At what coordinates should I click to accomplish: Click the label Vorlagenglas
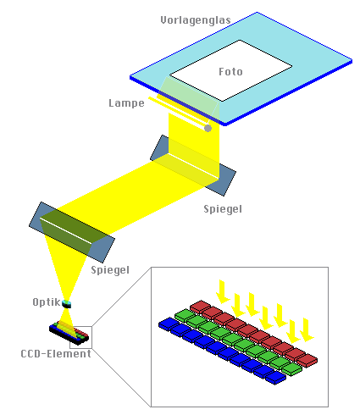pyautogui.click(x=196, y=20)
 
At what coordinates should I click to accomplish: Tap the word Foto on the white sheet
pyautogui.click(x=230, y=72)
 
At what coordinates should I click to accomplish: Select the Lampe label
pyautogui.click(x=126, y=103)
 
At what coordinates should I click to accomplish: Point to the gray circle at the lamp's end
pyautogui.click(x=208, y=128)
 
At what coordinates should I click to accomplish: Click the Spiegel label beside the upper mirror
pyautogui.click(x=223, y=209)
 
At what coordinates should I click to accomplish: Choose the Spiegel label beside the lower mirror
pyautogui.click(x=110, y=270)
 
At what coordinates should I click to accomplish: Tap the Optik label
pyautogui.click(x=47, y=302)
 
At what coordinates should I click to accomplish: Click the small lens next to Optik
pyautogui.click(x=67, y=304)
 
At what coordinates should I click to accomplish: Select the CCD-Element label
pyautogui.click(x=56, y=354)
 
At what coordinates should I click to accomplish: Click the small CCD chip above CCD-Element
pyautogui.click(x=69, y=333)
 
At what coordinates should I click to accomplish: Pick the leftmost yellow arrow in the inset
pyautogui.click(x=223, y=291)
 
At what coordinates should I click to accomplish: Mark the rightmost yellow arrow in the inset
pyautogui.click(x=307, y=329)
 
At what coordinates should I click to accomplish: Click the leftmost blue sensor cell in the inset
pyautogui.click(x=169, y=324)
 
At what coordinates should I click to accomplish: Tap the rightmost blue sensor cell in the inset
pyautogui.click(x=275, y=378)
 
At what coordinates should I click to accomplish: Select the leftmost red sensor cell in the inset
pyautogui.click(x=201, y=307)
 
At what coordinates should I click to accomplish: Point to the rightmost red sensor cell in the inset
pyautogui.click(x=307, y=360)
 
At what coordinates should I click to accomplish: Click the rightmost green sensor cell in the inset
pyautogui.click(x=291, y=369)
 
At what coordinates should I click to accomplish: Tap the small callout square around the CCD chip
pyautogui.click(x=80, y=327)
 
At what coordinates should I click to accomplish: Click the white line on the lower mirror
pyautogui.click(x=66, y=230)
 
